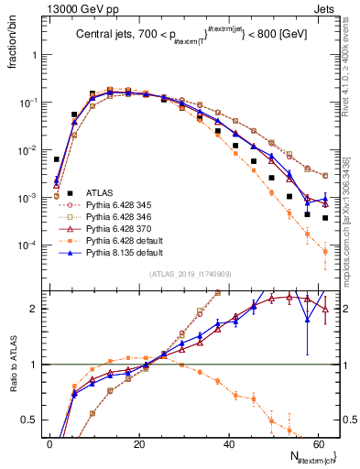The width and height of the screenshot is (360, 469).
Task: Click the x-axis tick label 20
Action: click(x=138, y=443)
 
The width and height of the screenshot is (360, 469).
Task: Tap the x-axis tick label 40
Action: click(x=228, y=443)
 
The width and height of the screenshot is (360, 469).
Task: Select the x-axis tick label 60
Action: click(x=317, y=443)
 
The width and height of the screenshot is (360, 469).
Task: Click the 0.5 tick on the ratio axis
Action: click(x=33, y=421)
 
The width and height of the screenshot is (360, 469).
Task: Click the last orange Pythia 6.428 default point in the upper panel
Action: click(x=325, y=251)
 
